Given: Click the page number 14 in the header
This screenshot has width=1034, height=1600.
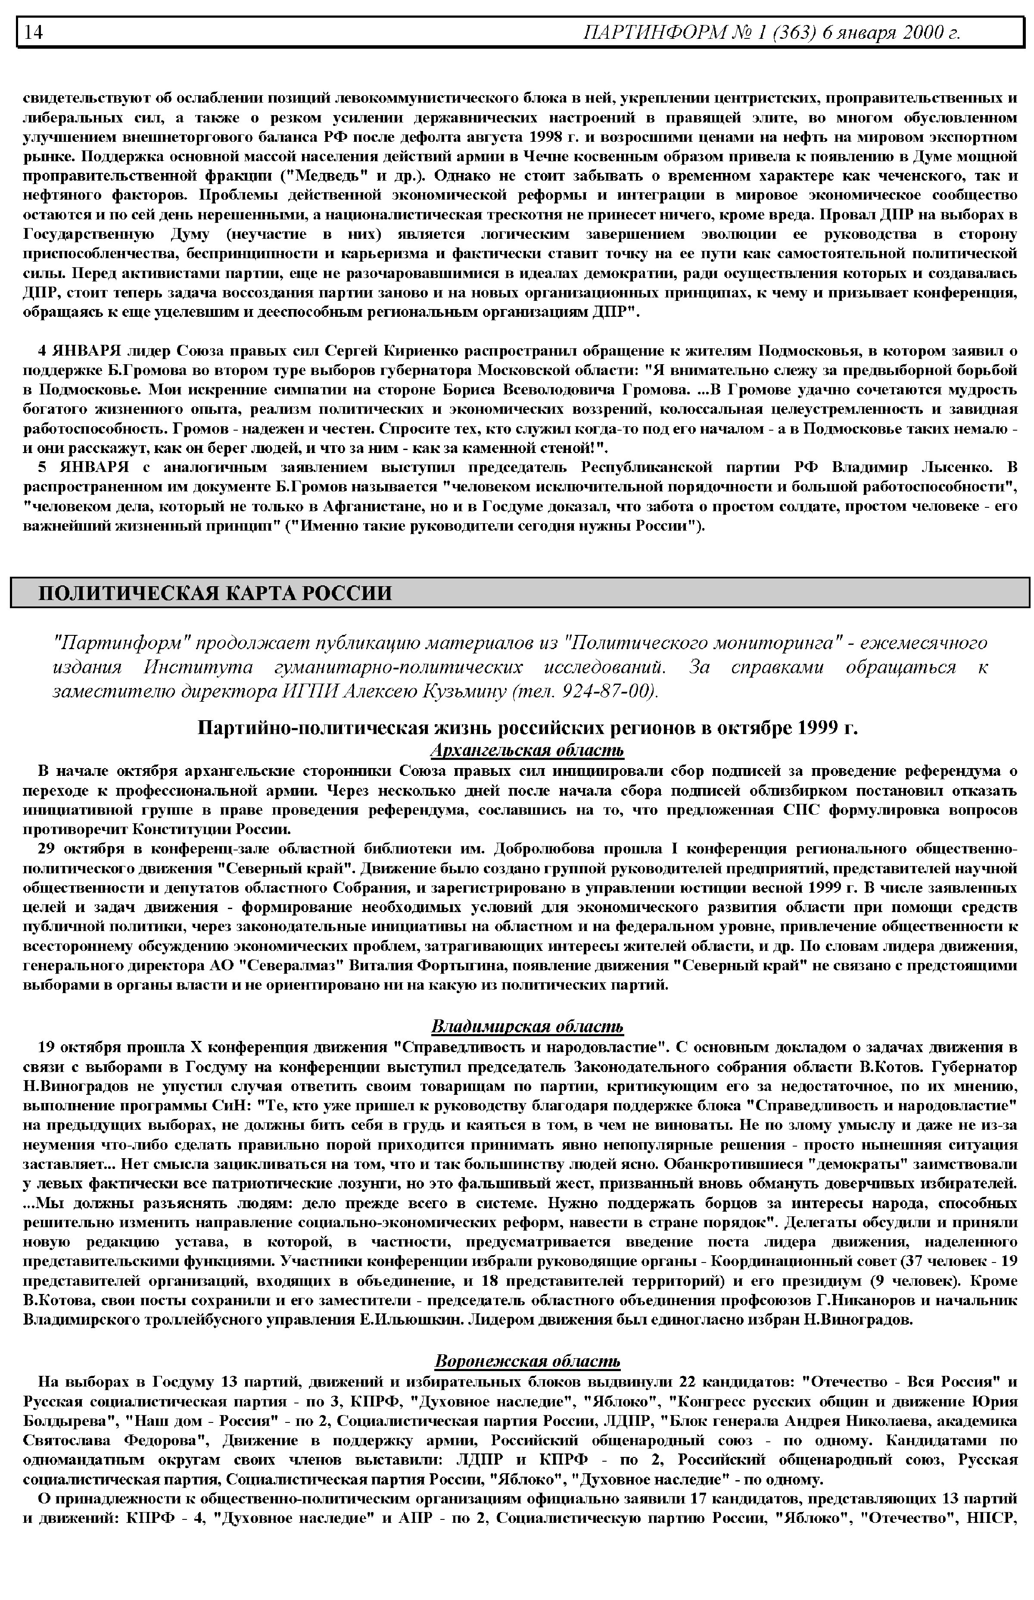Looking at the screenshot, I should pos(34,33).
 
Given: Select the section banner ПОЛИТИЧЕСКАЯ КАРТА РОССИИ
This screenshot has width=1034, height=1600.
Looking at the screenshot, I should pos(215,593).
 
